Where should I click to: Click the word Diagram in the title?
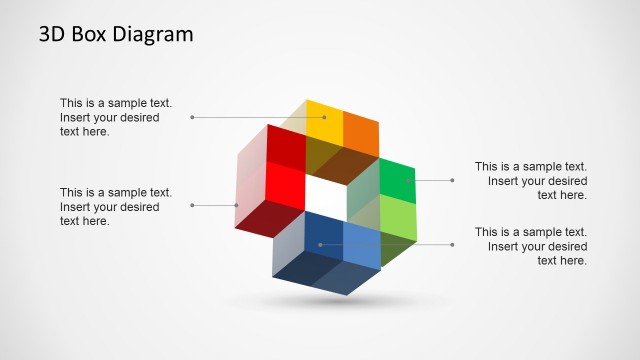pyautogui.click(x=150, y=35)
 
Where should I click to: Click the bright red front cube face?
pyautogui.click(x=285, y=184)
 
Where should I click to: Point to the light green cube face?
pyautogui.click(x=397, y=217)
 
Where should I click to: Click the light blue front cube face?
pyautogui.click(x=362, y=244)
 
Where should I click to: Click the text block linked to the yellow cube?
pyautogui.click(x=116, y=117)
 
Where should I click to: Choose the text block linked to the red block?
pyautogui.click(x=116, y=207)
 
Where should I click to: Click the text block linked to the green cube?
pyautogui.click(x=530, y=181)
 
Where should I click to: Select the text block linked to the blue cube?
pyautogui.click(x=530, y=246)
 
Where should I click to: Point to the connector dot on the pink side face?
pyautogui.click(x=237, y=205)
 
